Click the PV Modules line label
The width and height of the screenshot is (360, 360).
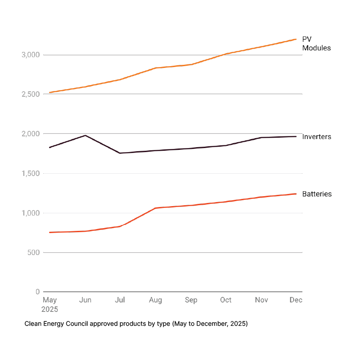click(316, 44)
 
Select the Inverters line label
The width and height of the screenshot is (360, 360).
click(317, 136)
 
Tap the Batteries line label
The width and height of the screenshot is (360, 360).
click(317, 194)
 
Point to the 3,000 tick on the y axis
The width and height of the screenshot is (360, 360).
click(31, 55)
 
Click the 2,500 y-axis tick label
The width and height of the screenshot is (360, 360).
click(31, 94)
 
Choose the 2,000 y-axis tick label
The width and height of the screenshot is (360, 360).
click(31, 134)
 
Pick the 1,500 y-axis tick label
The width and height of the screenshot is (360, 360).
click(31, 173)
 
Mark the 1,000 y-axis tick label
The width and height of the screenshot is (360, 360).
click(31, 213)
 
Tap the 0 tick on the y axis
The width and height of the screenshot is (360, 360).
click(38, 292)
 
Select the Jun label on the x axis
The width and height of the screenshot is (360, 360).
click(85, 300)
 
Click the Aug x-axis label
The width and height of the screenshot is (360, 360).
click(156, 300)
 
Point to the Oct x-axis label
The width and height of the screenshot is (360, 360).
click(226, 300)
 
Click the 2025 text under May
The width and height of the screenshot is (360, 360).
click(50, 310)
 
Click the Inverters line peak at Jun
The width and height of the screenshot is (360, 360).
click(85, 135)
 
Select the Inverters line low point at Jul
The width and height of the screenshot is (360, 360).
click(120, 153)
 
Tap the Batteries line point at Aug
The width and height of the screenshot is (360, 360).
click(156, 208)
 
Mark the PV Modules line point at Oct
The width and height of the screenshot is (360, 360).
click(226, 54)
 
